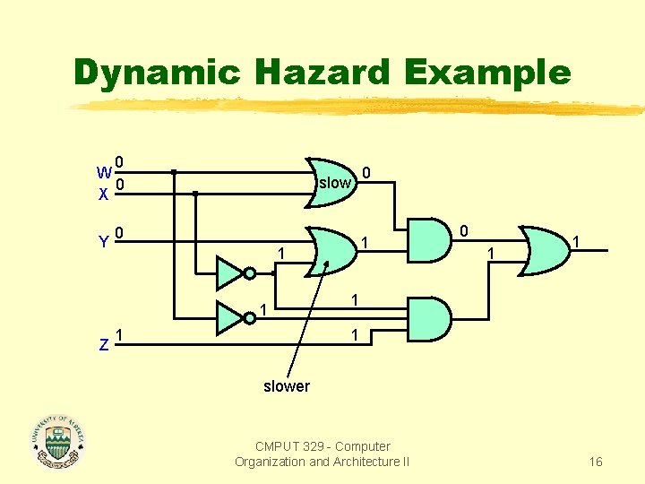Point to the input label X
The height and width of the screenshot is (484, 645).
pos(104,194)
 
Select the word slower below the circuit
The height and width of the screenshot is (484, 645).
pos(286,386)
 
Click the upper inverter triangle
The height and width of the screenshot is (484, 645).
pos(230,272)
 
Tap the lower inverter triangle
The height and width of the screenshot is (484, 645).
pos(230,317)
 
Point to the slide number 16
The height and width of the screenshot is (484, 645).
pos(596,462)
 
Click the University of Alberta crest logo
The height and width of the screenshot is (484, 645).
pos(58,441)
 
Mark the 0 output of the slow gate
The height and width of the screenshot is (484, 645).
pos(367,171)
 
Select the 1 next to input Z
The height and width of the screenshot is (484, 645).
pos(119,335)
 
